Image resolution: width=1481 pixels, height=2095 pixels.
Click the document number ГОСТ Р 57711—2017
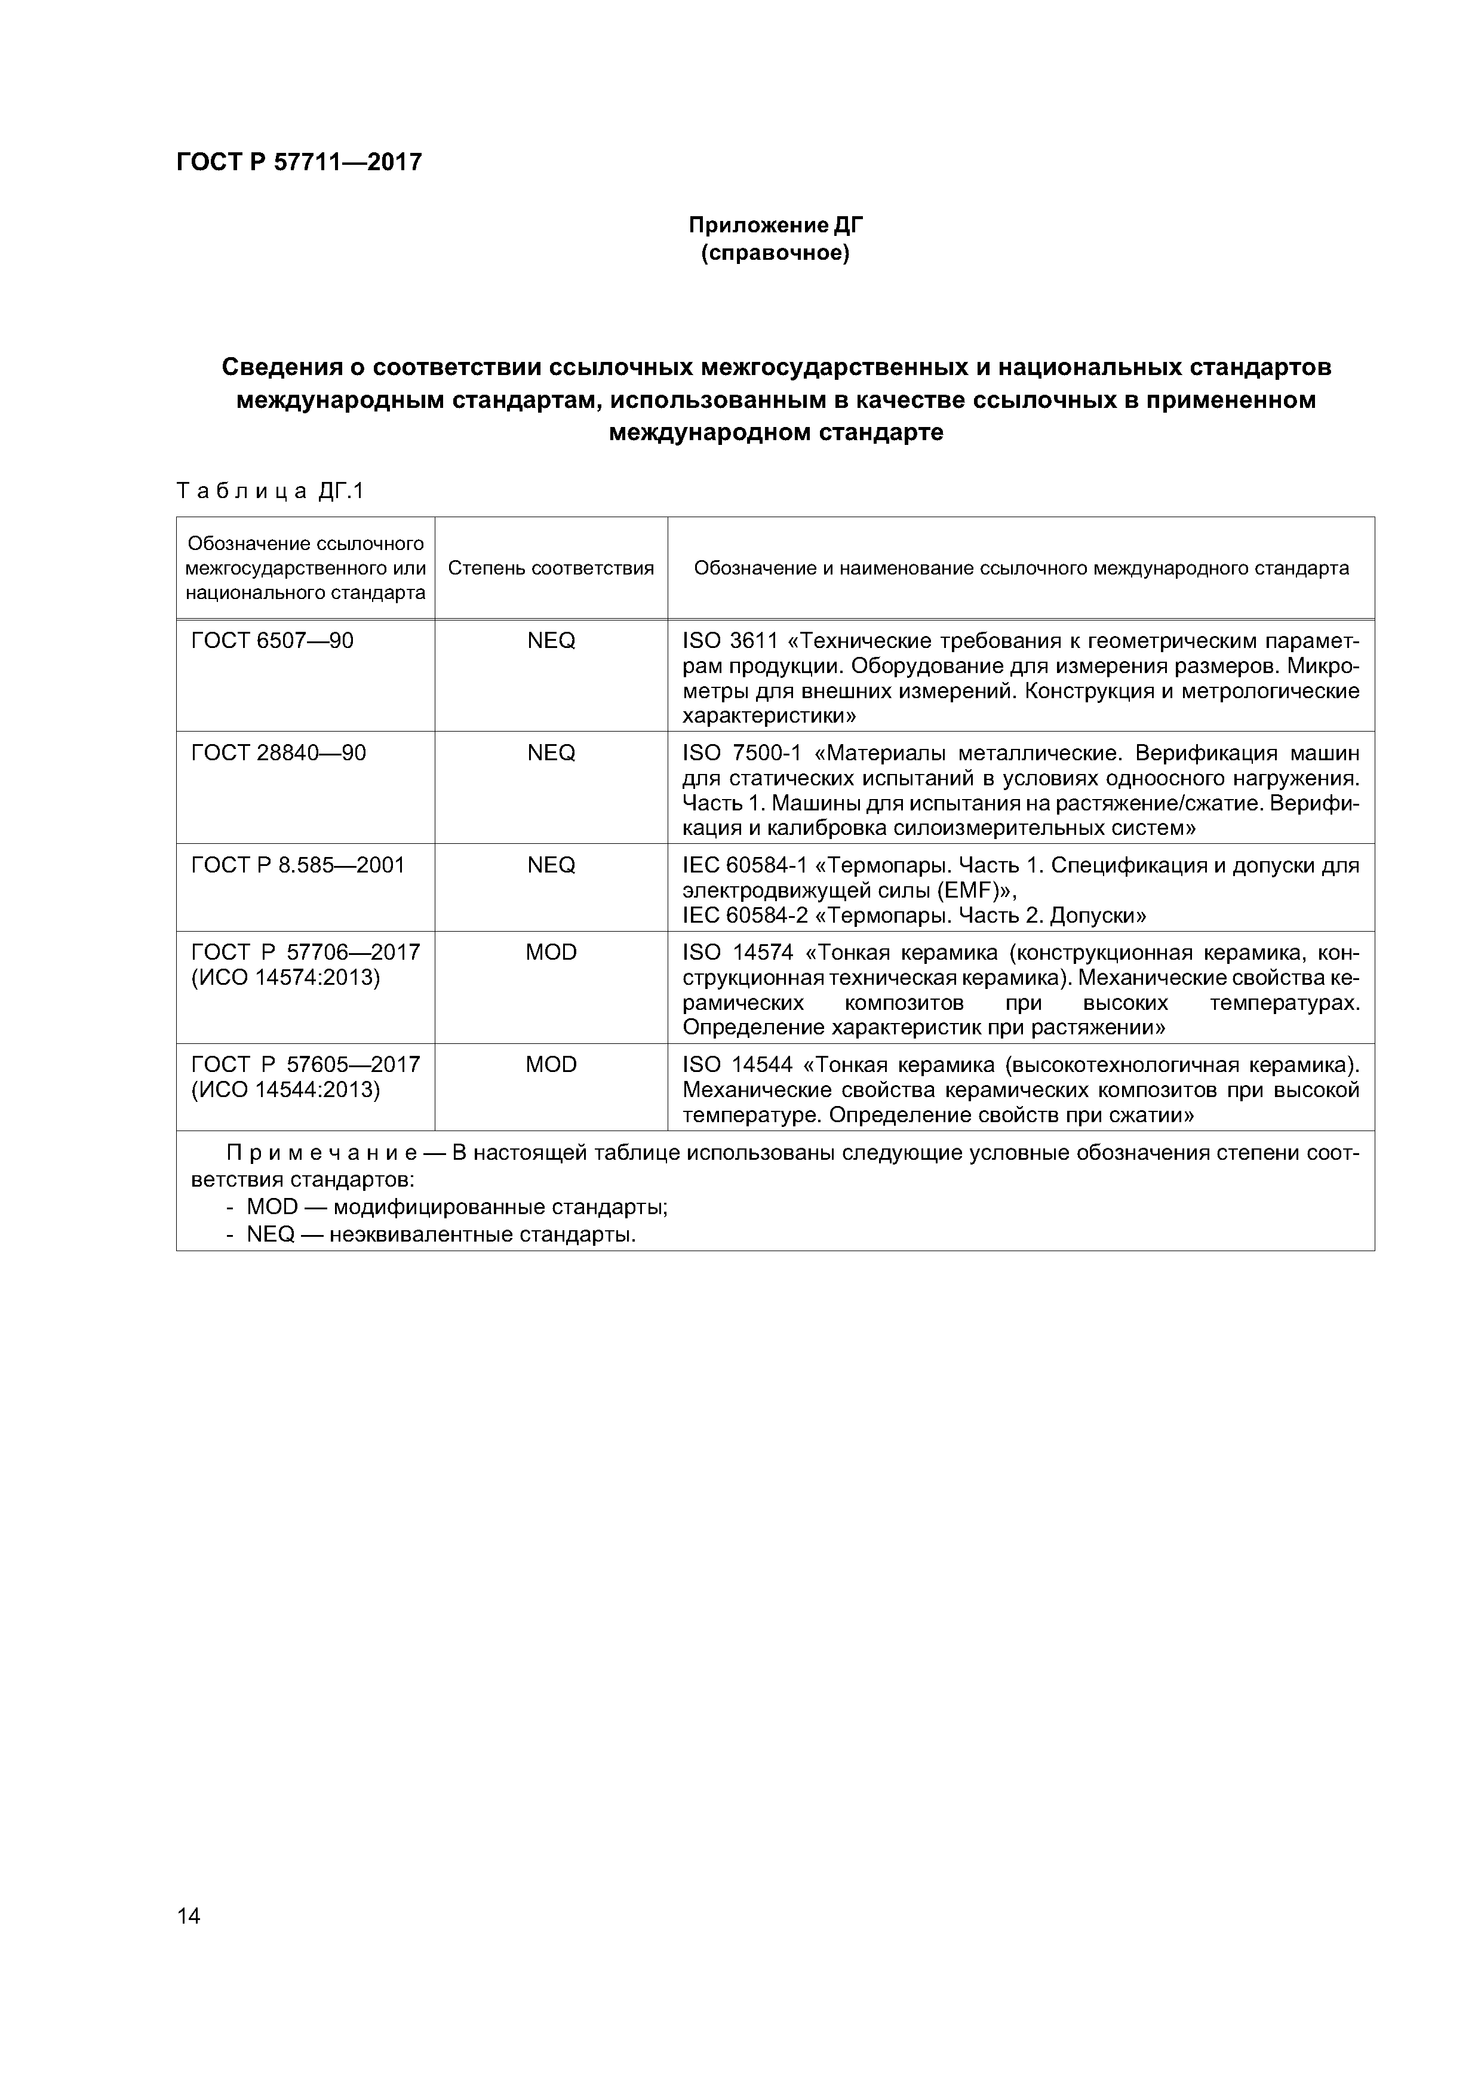299,162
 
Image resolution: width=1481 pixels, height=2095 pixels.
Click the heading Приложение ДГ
774,225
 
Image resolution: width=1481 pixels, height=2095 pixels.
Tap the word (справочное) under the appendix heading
774,253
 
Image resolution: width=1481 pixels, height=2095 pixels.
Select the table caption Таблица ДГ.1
270,492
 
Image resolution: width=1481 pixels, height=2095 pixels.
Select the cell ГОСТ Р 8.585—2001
297,865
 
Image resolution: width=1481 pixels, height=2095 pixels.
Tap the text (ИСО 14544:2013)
285,1089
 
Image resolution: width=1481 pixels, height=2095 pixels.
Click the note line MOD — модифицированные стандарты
456,1207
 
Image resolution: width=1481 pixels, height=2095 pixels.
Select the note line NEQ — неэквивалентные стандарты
440,1234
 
